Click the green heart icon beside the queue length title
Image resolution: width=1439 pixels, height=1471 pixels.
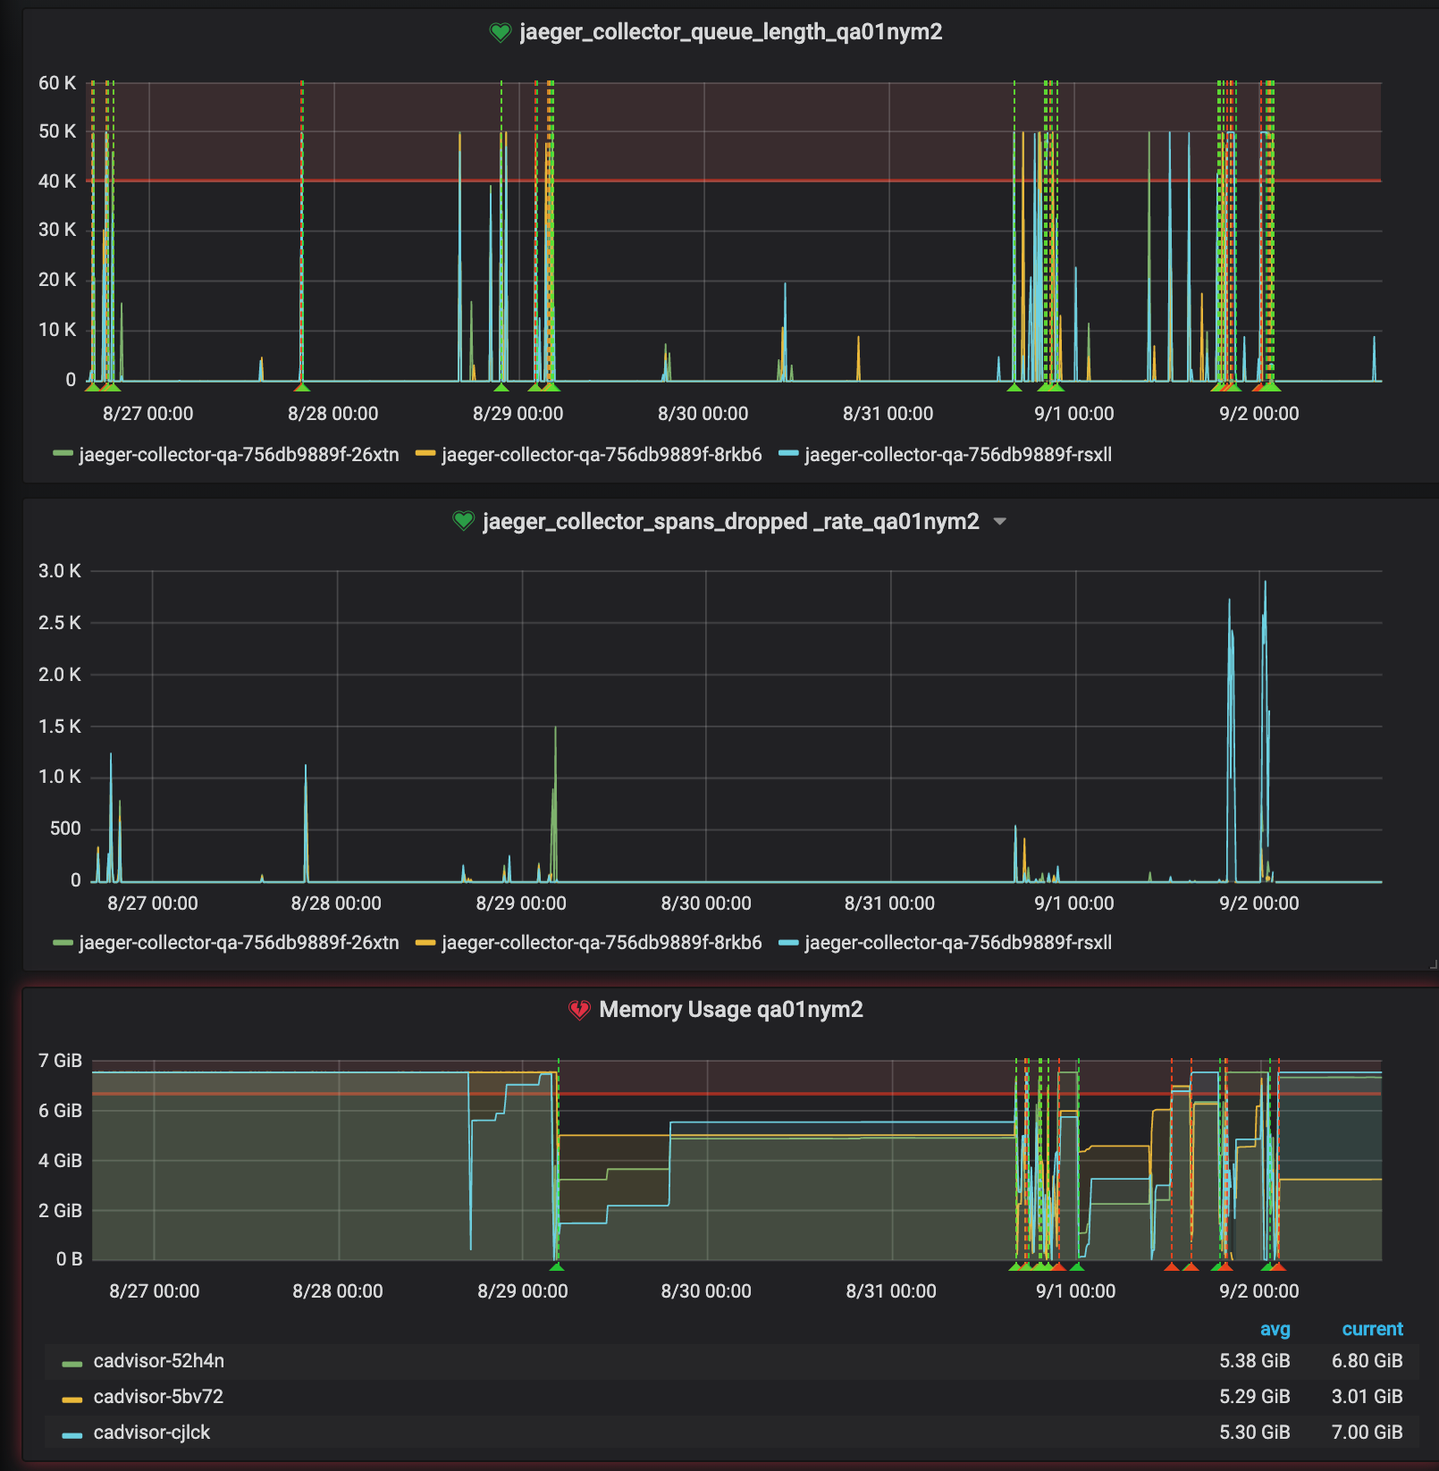pos(500,33)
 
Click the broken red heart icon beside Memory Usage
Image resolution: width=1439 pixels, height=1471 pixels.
pos(579,1010)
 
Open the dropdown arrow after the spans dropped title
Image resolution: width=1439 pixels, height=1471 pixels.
pos(1000,522)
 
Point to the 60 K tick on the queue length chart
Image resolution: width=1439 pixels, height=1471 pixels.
pos(57,83)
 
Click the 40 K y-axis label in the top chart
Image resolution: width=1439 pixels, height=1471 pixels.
pos(57,181)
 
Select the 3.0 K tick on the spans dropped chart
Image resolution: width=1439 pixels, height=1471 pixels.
pos(59,571)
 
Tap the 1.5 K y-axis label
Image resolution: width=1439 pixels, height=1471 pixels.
pos(59,727)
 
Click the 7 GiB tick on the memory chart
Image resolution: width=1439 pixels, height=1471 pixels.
pos(60,1061)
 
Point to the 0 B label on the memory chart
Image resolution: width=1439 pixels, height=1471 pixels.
pos(69,1259)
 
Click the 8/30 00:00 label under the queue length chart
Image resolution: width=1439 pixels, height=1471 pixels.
pos(703,414)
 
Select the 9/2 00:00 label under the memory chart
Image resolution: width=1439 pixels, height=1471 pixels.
pos(1258,1291)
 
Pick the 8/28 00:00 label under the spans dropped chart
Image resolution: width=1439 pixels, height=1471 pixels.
pos(336,904)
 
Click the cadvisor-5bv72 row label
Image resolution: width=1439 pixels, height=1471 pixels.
pos(158,1397)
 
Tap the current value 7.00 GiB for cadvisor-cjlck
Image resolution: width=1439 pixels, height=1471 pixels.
pos(1367,1433)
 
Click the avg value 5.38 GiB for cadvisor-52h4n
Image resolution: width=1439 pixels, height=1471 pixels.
pos(1254,1361)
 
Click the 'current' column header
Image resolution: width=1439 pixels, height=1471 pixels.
pos(1372,1330)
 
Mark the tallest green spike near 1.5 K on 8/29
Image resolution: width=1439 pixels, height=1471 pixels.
pos(555,729)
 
